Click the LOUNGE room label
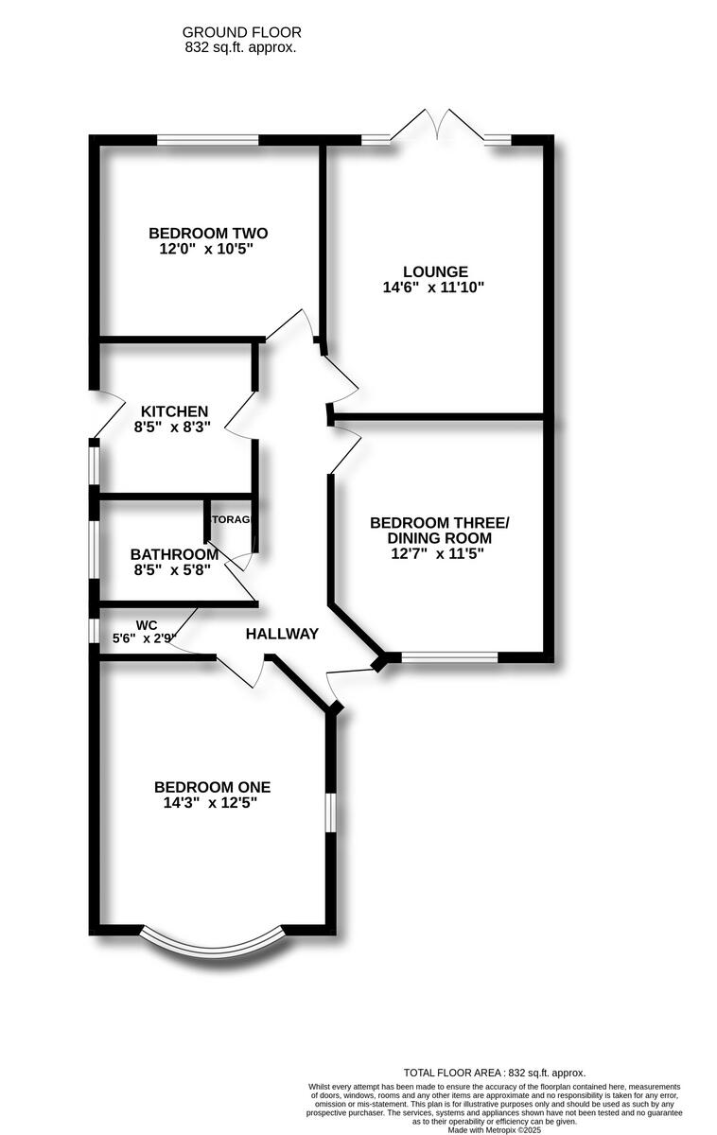(433, 271)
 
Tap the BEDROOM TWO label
(208, 234)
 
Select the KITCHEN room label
(174, 411)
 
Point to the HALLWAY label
(282, 634)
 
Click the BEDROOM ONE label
(212, 787)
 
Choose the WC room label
(146, 625)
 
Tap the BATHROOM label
(174, 554)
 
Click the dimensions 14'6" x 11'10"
(433, 288)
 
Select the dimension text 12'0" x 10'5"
(208, 250)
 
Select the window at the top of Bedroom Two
(207, 141)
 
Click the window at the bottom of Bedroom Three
(449, 655)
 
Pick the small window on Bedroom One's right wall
(331, 812)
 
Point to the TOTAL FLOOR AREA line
(494, 1073)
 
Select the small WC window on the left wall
(94, 631)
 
